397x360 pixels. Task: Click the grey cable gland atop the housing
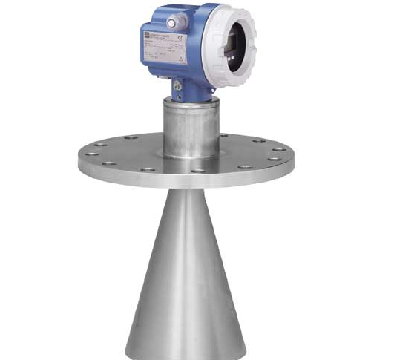pyautogui.click(x=172, y=23)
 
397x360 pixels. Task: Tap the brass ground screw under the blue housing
pyautogui.click(x=178, y=87)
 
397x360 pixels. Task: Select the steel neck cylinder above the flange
pyautogui.click(x=191, y=126)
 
